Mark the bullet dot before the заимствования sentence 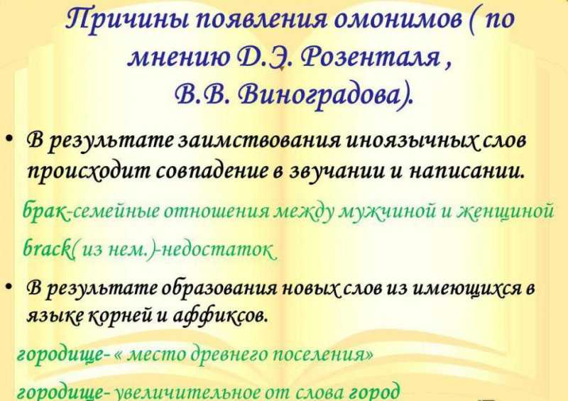9,139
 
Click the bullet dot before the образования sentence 9,286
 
